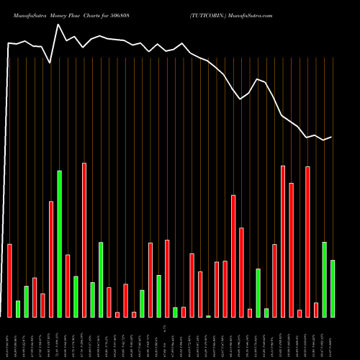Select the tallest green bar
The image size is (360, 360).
click(59, 244)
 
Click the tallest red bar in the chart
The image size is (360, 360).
click(84, 240)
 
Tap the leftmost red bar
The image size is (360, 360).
click(10, 281)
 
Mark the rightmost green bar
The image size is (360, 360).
click(333, 289)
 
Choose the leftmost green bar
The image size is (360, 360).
click(18, 309)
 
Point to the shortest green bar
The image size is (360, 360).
click(209, 316)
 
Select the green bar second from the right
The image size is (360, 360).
click(324, 279)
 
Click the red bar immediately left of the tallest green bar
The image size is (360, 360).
click(51, 259)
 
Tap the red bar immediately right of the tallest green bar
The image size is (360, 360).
click(68, 286)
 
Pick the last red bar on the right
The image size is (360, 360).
click(316, 310)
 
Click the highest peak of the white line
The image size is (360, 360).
click(58, 24)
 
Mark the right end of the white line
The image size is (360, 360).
click(331, 137)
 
